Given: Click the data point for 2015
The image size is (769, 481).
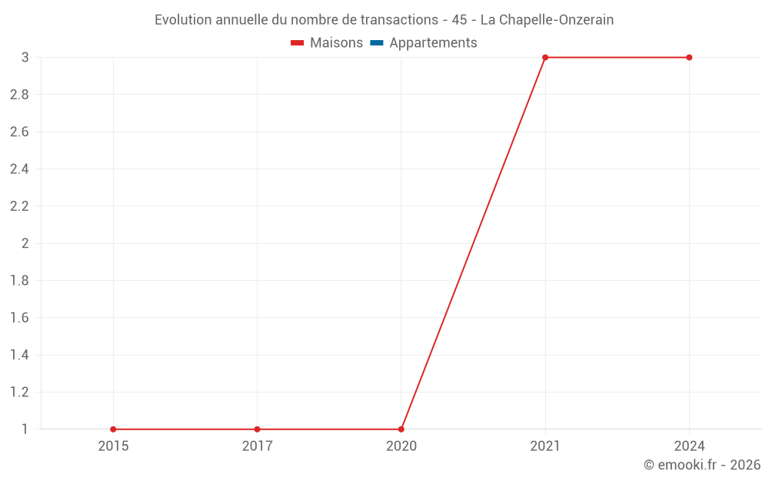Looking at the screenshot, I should point(113,429).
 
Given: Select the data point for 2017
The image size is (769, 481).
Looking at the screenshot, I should point(257,429).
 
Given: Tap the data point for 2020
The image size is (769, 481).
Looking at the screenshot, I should point(401,429).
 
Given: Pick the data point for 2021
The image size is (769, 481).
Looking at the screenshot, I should point(545,58).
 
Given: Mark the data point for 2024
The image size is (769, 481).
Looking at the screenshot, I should point(689,58).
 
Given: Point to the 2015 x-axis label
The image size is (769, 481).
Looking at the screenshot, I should point(113,446).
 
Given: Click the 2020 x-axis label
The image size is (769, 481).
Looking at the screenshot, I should point(401,446).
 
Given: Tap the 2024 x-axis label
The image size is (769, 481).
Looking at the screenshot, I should point(689,446).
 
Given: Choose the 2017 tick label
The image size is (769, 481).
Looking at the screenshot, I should point(257,446).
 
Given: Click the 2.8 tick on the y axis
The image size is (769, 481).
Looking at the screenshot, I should point(19,95).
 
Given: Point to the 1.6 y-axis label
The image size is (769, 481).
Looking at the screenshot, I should point(19,318).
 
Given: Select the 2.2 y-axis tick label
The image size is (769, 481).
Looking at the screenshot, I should point(19,206).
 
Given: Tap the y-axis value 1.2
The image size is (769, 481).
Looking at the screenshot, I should point(19,392).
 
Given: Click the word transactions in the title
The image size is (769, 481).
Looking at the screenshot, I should point(395,20).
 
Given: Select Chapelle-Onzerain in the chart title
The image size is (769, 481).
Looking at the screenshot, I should point(557,20).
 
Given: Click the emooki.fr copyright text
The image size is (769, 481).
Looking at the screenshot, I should point(702,465).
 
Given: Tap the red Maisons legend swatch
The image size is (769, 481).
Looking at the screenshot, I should point(298,43).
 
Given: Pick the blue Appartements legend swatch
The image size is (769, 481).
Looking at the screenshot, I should point(377,43).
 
